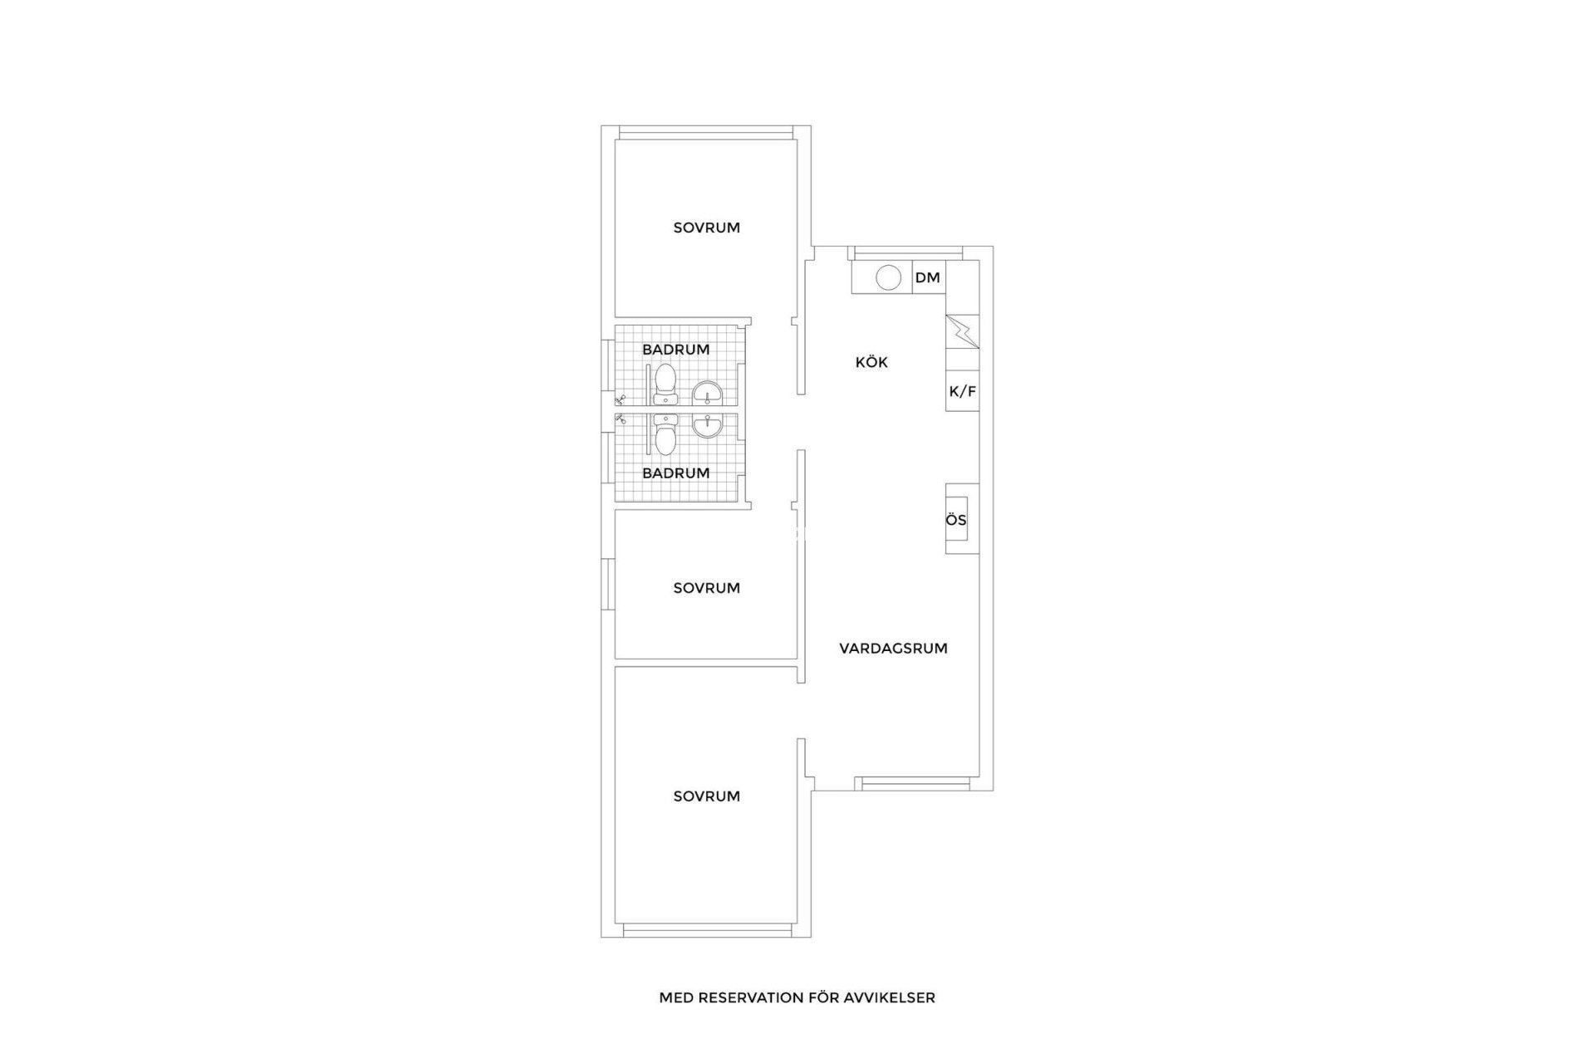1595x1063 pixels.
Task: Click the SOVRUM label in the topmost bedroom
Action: coord(706,228)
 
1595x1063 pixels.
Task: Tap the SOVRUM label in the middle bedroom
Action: coord(706,588)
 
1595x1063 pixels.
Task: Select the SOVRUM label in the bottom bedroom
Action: coord(706,796)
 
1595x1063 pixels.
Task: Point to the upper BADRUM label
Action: coord(675,350)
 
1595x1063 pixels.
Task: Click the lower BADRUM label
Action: coord(675,473)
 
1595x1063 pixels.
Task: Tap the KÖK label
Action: coord(871,362)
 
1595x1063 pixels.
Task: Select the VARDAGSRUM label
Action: coord(893,649)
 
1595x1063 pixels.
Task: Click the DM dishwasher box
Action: coord(928,277)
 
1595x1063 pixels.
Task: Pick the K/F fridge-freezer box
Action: coord(962,391)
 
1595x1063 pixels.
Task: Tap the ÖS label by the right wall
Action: coord(956,521)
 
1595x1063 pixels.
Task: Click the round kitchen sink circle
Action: coord(889,277)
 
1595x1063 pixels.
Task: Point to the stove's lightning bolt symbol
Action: coord(962,331)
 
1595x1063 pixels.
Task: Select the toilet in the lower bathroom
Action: coord(665,438)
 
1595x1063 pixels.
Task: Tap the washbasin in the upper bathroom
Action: coord(708,394)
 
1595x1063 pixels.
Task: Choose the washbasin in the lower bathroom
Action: coord(708,425)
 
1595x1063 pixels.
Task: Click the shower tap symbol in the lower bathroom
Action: coord(620,420)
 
